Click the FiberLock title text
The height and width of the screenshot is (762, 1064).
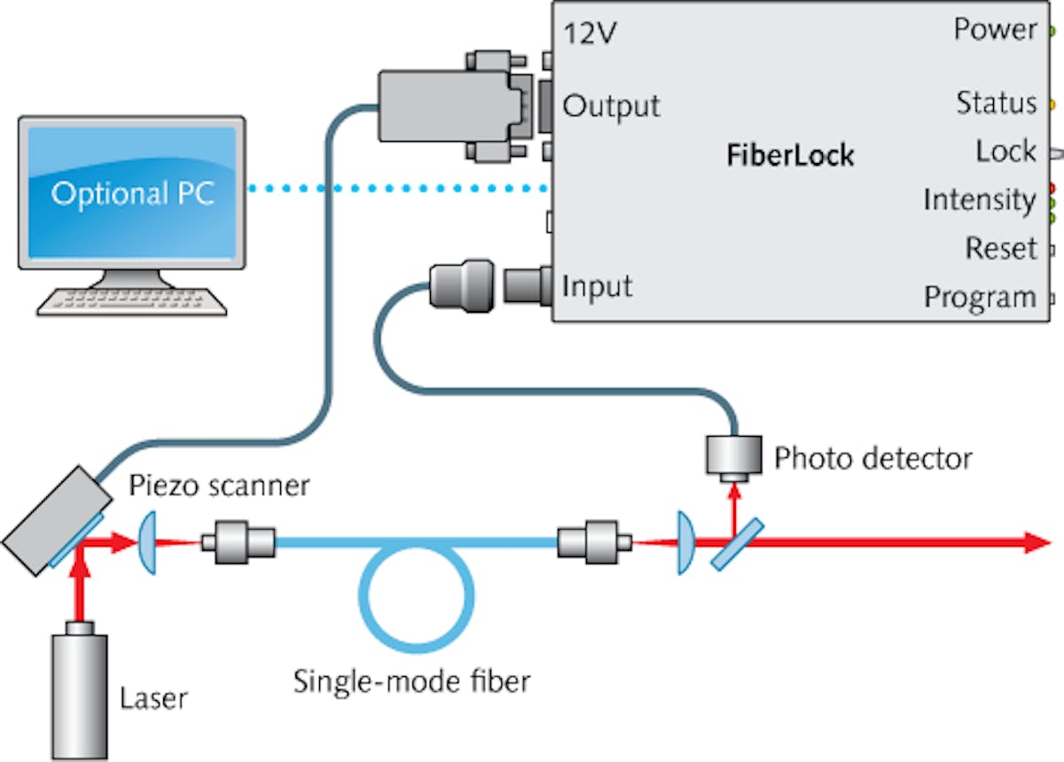(790, 156)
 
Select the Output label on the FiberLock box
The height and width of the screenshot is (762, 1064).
(612, 107)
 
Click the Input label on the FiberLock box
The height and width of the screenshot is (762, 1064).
(598, 287)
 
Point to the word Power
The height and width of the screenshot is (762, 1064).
(995, 29)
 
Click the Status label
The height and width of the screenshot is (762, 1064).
(996, 104)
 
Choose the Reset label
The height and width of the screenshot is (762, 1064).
(1000, 248)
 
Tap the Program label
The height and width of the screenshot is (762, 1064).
(979, 297)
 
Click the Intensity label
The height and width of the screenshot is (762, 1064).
(979, 200)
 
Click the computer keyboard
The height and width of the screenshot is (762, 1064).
(132, 299)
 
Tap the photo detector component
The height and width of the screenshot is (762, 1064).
(733, 455)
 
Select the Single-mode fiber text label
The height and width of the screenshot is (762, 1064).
(411, 682)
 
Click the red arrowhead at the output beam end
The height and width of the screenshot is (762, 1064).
(1037, 542)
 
